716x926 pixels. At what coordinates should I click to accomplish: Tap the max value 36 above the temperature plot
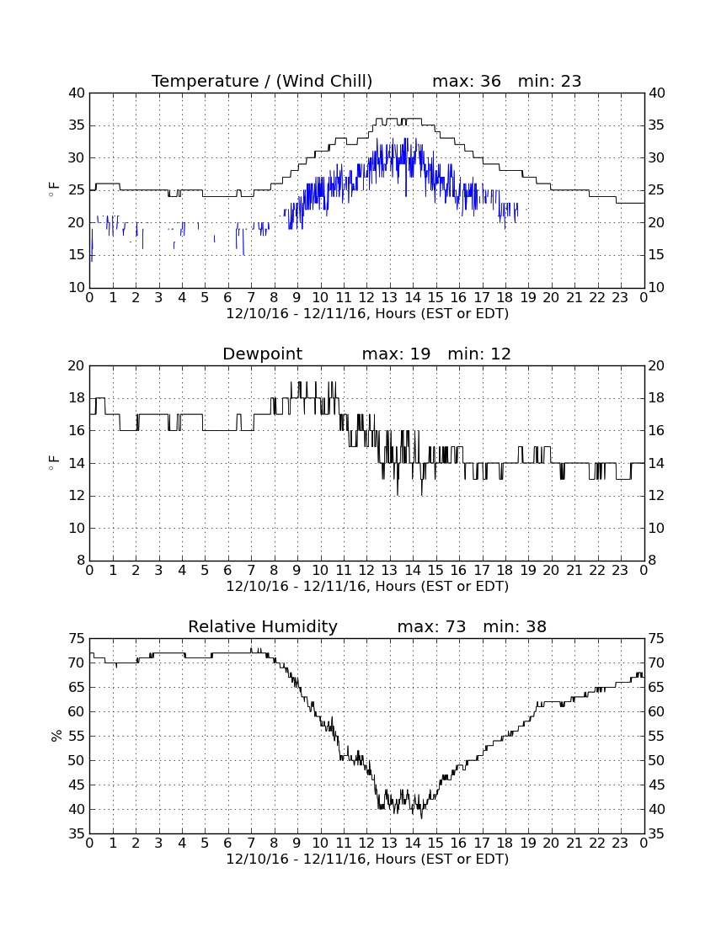[490, 81]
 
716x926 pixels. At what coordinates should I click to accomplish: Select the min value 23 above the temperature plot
[570, 81]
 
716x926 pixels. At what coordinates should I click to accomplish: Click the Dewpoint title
[262, 354]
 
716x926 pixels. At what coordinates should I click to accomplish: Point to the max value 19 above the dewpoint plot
[419, 354]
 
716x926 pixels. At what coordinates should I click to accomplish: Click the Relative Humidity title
[262, 626]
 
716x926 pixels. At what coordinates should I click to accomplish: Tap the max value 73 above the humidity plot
[455, 626]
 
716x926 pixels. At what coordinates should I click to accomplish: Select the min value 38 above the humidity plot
[535, 626]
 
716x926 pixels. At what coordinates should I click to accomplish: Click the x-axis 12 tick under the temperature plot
[366, 298]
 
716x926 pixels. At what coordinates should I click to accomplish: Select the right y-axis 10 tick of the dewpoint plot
[656, 528]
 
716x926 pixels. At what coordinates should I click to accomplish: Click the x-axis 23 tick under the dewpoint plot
[620, 571]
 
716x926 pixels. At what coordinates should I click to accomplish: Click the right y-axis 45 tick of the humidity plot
[656, 785]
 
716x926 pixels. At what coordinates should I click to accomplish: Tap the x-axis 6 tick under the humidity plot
[228, 844]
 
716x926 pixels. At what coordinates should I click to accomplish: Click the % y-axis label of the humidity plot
[56, 736]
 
